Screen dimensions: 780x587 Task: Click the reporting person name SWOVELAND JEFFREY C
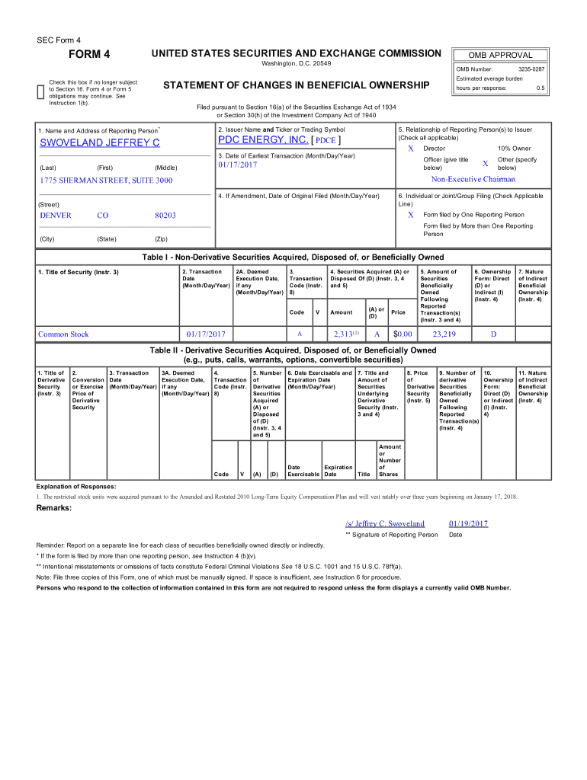[100, 143]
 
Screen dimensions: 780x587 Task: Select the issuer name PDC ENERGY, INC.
[264, 140]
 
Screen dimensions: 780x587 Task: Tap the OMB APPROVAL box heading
[500, 55]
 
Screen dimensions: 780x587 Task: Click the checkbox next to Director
[410, 149]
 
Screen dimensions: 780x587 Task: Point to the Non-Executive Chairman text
[473, 180]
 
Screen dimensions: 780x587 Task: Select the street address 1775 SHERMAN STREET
[106, 181]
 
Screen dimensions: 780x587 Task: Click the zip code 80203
[165, 216]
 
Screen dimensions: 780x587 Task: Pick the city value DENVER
[56, 216]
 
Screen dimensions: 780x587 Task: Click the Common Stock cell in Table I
[64, 334]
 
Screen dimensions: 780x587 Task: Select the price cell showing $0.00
[402, 334]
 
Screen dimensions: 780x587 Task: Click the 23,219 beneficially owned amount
[444, 334]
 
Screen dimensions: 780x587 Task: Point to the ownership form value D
[493, 334]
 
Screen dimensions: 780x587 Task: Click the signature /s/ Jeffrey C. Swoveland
[384, 523]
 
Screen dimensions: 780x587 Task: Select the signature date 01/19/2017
[468, 523]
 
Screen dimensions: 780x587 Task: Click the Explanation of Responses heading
[76, 486]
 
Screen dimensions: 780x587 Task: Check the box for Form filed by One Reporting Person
[410, 215]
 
